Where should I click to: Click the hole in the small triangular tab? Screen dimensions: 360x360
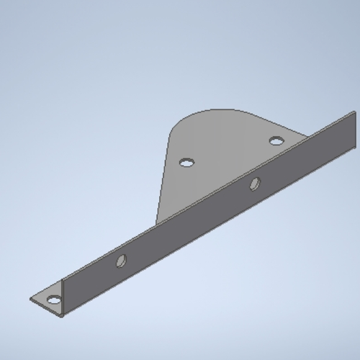tap(53, 300)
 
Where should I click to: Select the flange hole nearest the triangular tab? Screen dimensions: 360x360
tap(121, 261)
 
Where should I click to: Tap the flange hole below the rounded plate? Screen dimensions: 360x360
tap(254, 184)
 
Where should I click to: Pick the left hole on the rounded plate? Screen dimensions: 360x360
tap(186, 163)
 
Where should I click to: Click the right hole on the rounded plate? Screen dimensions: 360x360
tap(276, 140)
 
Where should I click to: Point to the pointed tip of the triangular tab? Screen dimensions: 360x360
tap(31, 299)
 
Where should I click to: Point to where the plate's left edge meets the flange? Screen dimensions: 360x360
tap(157, 223)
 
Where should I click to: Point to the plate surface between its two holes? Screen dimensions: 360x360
tap(230, 151)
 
